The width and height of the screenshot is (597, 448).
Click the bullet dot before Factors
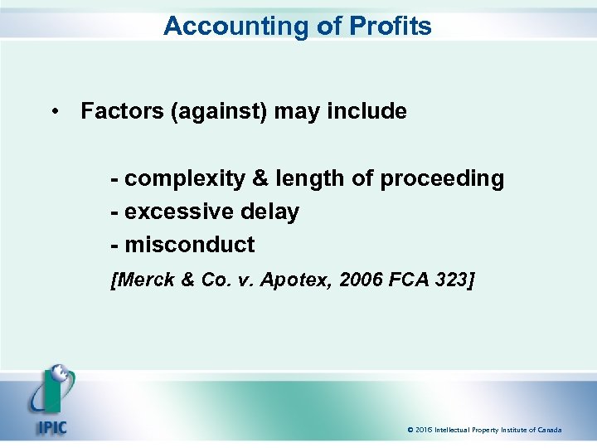point(54,111)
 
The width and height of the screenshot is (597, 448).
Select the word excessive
point(175,212)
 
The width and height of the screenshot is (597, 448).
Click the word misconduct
point(190,246)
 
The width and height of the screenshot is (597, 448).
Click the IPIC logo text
point(50,428)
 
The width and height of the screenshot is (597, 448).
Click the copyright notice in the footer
point(484,430)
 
